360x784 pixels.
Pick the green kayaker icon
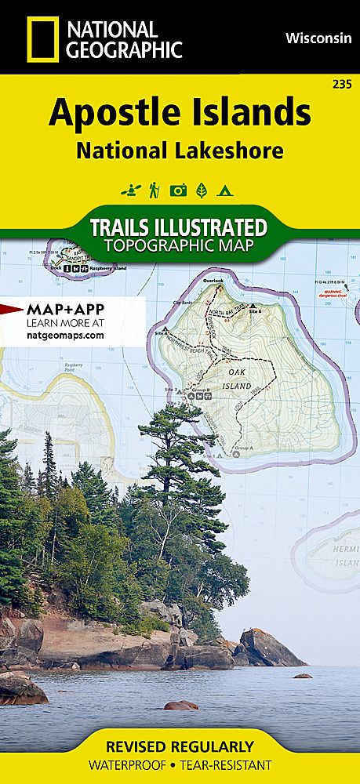click(x=129, y=190)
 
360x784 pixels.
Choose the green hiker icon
click(x=155, y=190)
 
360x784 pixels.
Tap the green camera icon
click(x=178, y=190)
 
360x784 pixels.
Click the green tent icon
click(x=224, y=190)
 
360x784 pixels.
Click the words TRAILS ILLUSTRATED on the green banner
click(x=179, y=228)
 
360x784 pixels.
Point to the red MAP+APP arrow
click(x=13, y=309)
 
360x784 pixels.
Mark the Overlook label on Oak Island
click(x=212, y=281)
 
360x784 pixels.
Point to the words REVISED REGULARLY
click(x=180, y=746)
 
